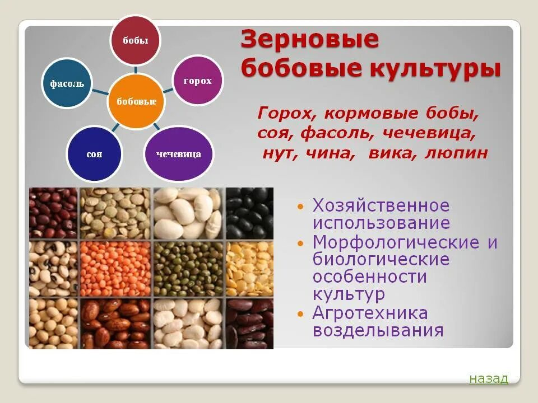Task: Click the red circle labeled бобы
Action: tap(135, 41)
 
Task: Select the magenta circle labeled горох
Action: tap(197, 81)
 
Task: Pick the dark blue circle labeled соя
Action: tap(94, 153)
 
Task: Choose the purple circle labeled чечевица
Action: tap(179, 153)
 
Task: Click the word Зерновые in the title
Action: tap(310, 41)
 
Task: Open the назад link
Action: tap(489, 379)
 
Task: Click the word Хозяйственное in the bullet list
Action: tap(381, 205)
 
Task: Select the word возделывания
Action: tap(378, 330)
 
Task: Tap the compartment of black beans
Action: tap(250, 212)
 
